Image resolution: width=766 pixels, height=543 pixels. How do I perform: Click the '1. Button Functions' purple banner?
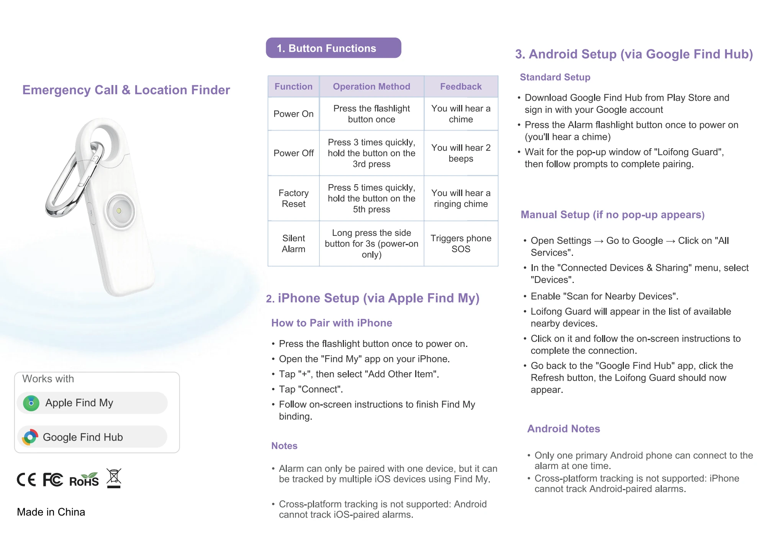coord(334,48)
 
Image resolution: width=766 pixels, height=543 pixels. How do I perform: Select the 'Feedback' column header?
coord(461,87)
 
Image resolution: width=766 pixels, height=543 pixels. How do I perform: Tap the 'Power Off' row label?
coord(293,153)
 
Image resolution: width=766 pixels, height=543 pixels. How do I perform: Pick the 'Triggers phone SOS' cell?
coord(461,244)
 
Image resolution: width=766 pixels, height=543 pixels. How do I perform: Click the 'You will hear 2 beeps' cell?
coord(461,153)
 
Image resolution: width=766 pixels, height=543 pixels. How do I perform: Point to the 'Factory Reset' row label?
coord(293,198)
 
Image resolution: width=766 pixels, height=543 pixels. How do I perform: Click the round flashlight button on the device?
coord(120,211)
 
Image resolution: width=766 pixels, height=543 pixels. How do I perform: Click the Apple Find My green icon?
coord(31,403)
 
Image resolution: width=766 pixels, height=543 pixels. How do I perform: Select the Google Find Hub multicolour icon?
coord(30,437)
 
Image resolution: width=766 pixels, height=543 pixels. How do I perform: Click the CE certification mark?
coord(26,479)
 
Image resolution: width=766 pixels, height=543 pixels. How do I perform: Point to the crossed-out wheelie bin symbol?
coord(114,478)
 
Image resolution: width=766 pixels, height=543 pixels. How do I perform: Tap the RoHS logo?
coord(84,479)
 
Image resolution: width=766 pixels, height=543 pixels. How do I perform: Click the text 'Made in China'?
coord(51,512)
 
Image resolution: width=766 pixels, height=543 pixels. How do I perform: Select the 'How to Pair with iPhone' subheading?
coord(332,323)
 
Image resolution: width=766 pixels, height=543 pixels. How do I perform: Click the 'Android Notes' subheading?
coord(563,429)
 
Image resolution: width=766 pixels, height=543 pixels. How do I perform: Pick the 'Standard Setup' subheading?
coord(555,77)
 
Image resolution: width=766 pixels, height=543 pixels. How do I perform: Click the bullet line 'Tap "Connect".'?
coord(311,389)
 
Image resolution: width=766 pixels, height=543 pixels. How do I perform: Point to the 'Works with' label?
coord(48,379)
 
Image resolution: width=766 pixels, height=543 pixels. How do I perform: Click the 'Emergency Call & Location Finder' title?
coord(126,90)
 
